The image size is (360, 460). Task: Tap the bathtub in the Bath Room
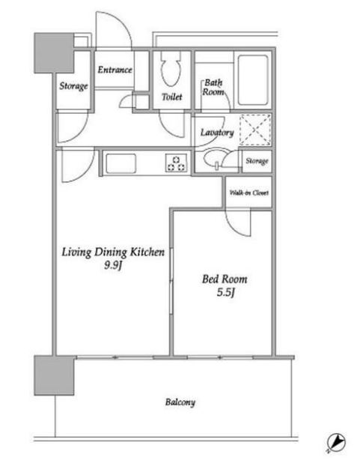point(253,80)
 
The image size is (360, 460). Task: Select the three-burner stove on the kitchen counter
point(176,163)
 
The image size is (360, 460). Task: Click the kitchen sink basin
point(120,163)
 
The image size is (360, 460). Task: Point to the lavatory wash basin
point(213,158)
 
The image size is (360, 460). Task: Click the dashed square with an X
point(255,130)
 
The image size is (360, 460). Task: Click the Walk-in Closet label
point(249,193)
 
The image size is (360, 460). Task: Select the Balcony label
point(180,402)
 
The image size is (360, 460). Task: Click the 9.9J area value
point(113,265)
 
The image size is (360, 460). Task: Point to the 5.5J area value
point(226,292)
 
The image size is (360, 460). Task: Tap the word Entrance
point(115,70)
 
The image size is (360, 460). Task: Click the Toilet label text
point(172,97)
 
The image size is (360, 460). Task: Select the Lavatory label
point(217,133)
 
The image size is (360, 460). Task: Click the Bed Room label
point(225,279)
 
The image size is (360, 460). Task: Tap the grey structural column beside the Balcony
point(54,375)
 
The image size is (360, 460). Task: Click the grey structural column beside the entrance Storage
point(54,52)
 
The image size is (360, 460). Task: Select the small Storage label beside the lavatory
point(257,161)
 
